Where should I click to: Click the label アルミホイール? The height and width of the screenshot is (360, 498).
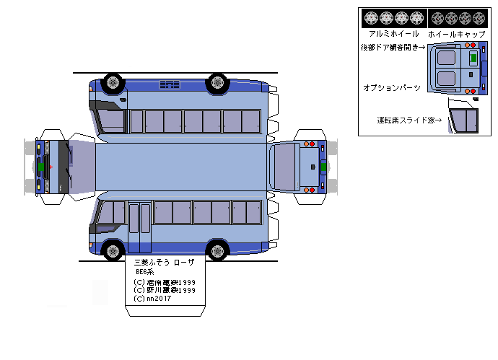click(393, 33)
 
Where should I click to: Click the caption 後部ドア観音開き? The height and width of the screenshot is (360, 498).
click(393, 48)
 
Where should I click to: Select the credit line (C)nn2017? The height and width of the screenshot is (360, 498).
click(152, 299)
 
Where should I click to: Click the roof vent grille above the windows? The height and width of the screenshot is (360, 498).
click(170, 85)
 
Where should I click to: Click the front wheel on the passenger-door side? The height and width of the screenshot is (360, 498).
click(112, 250)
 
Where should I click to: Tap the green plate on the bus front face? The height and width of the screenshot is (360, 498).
click(41, 167)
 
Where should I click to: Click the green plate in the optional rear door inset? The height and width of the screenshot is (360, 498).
click(473, 57)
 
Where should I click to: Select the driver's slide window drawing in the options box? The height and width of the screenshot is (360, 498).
click(463, 119)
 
